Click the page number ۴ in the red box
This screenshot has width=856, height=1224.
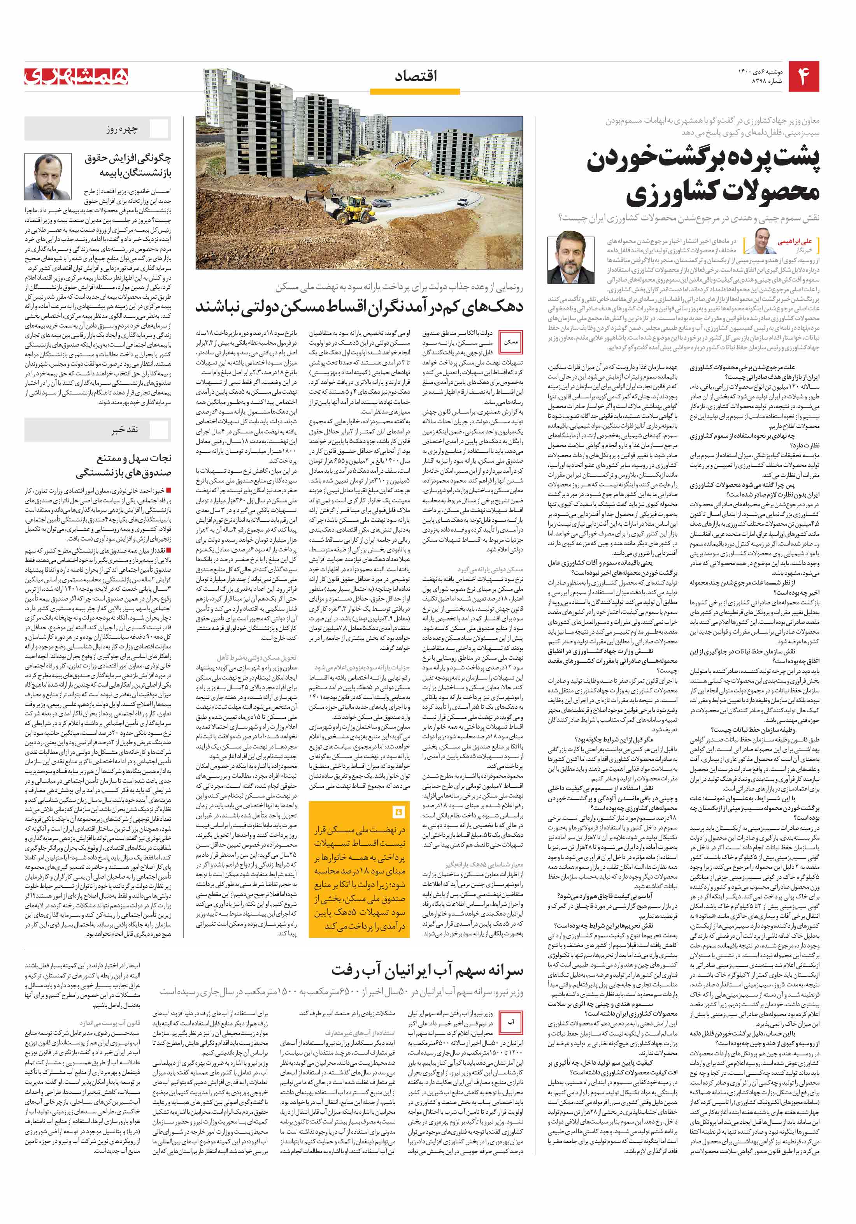pos(804,76)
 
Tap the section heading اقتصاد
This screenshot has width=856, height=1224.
pos(416,76)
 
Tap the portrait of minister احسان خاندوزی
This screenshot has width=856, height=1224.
pos(48,176)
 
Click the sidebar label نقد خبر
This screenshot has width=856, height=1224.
pos(124,430)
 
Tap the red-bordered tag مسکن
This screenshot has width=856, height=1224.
pos(510,342)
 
